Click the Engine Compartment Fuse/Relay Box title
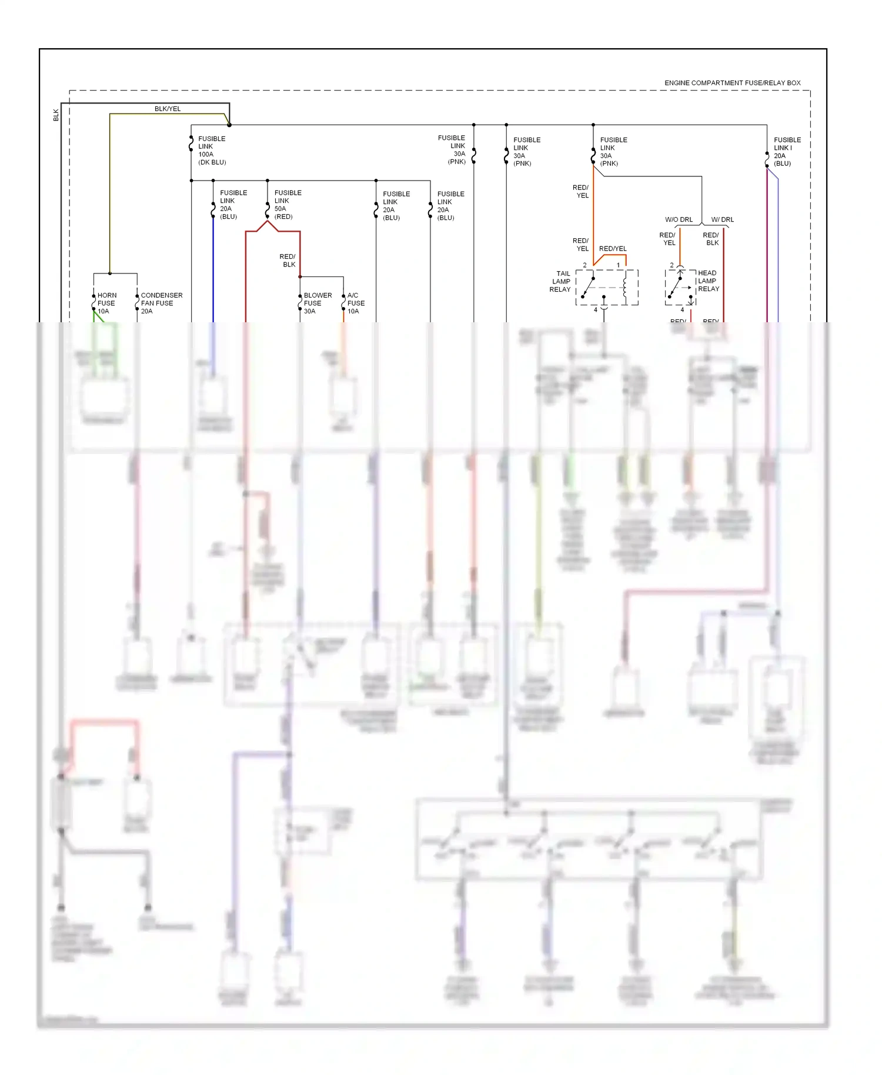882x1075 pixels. (x=732, y=83)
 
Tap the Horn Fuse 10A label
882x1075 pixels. (x=106, y=303)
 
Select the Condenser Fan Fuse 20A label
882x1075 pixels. (x=161, y=303)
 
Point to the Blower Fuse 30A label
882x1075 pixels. (x=318, y=303)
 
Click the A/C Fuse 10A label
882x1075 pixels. (x=356, y=303)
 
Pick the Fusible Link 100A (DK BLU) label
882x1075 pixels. (x=212, y=151)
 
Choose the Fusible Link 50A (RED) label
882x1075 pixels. (x=288, y=205)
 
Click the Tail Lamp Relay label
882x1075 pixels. (x=561, y=282)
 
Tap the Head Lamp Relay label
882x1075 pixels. (x=709, y=281)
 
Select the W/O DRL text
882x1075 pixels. (x=679, y=220)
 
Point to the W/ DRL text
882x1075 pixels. (x=722, y=220)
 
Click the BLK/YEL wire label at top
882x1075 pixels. (x=168, y=109)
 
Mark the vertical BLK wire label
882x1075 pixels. (x=56, y=115)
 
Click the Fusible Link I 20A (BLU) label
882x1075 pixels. (x=787, y=152)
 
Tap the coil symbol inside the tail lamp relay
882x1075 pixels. (x=625, y=286)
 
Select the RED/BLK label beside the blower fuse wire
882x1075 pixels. (x=288, y=261)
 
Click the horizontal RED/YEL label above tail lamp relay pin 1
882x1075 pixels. (x=613, y=249)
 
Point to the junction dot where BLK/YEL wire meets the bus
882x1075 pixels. (x=229, y=125)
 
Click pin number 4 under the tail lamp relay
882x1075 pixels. (x=596, y=310)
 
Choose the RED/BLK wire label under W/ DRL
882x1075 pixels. (x=711, y=239)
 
